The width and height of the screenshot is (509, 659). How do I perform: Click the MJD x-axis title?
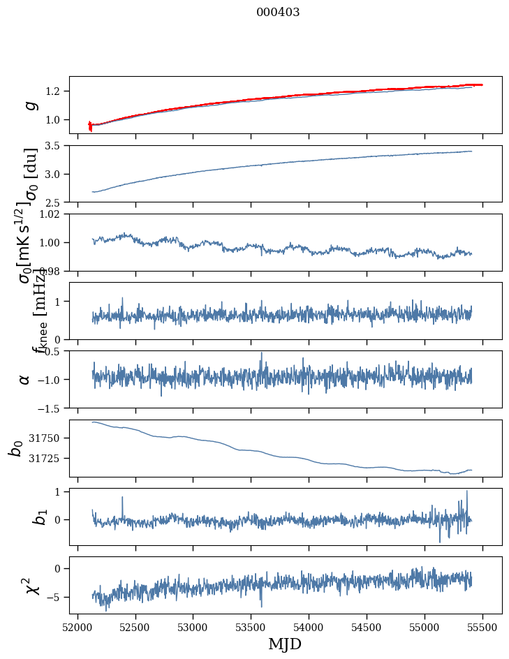click(285, 644)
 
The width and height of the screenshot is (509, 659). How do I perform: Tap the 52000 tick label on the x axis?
click(78, 627)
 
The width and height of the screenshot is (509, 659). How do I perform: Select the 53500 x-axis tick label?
click(251, 627)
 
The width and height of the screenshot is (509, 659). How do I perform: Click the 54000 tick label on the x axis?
click(309, 627)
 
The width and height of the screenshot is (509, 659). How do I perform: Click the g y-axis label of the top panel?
click(30, 105)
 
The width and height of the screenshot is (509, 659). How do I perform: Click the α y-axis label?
click(24, 379)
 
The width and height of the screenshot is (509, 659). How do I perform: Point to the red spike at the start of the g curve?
click(90, 126)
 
